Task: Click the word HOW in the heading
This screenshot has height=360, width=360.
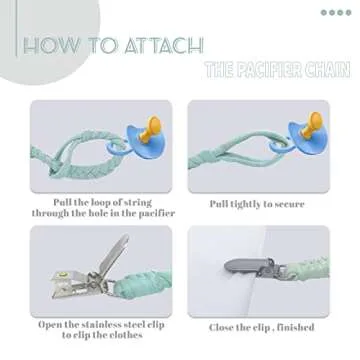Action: (x=51, y=46)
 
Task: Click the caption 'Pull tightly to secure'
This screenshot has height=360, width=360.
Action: (x=261, y=203)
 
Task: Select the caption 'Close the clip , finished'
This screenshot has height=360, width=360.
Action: (x=261, y=327)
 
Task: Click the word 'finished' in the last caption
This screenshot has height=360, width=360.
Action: (x=295, y=327)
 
